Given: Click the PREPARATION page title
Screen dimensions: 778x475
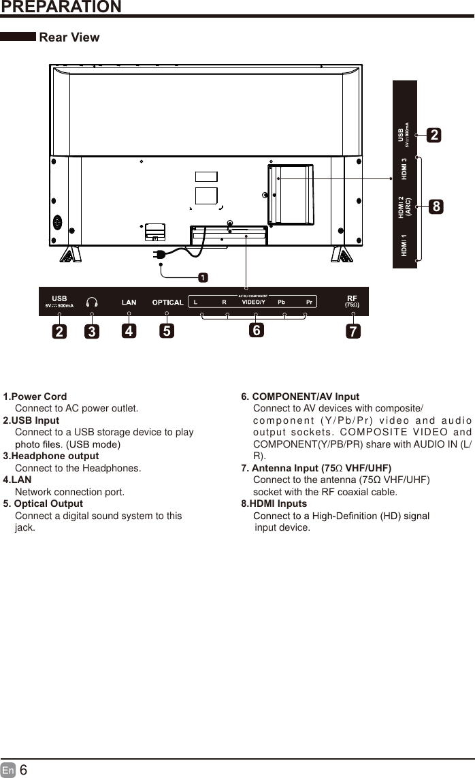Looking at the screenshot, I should pyautogui.click(x=61, y=7).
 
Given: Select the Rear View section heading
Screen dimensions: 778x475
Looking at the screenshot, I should pyautogui.click(x=69, y=37).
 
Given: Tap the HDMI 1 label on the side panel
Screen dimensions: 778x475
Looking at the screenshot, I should pyautogui.click(x=405, y=245).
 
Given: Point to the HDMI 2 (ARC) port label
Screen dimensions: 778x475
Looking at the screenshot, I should pyautogui.click(x=405, y=206).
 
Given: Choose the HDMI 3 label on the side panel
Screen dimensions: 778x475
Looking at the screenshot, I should pyautogui.click(x=405, y=169).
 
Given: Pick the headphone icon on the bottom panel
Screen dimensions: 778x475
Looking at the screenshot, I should pyautogui.click(x=91, y=302).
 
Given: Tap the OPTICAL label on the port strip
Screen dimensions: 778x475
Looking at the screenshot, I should pyautogui.click(x=167, y=302).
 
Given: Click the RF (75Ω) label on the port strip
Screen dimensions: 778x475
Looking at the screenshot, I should pyautogui.click(x=352, y=301).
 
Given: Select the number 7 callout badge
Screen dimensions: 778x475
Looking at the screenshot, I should pyautogui.click(x=353, y=332).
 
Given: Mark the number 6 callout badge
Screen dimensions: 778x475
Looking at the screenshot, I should pyautogui.click(x=256, y=330).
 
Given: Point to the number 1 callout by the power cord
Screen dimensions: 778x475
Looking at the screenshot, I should pyautogui.click(x=203, y=277).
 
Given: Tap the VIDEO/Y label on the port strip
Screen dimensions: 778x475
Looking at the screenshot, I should pyautogui.click(x=254, y=302).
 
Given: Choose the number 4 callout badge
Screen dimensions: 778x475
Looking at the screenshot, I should pyautogui.click(x=129, y=332).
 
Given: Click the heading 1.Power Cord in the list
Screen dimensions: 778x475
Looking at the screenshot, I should pyautogui.click(x=35, y=396).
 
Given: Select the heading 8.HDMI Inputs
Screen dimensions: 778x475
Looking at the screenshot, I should pyautogui.click(x=274, y=504).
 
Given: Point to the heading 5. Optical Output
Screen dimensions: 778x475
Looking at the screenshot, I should pyautogui.click(x=44, y=504).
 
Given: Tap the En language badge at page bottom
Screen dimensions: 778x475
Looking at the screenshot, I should pyautogui.click(x=8, y=771).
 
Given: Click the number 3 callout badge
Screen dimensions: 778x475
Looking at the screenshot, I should pyautogui.click(x=91, y=332).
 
